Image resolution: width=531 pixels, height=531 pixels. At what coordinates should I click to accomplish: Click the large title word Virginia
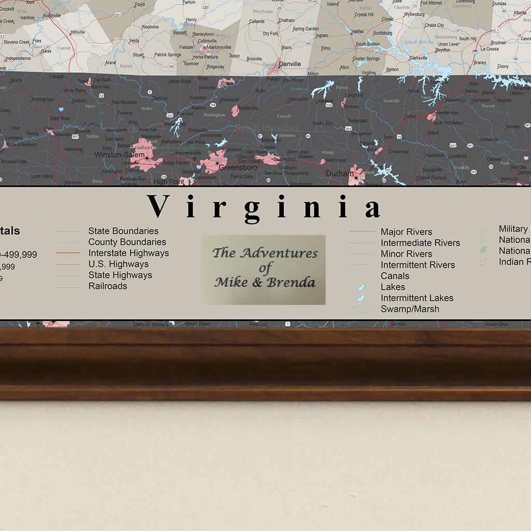(x=264, y=207)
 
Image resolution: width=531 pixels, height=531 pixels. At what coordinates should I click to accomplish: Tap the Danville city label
(x=289, y=64)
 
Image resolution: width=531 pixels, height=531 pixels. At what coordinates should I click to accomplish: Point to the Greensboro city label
(x=237, y=167)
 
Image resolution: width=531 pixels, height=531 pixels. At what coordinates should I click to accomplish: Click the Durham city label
(x=339, y=174)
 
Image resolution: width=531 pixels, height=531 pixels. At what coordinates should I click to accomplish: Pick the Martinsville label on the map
(x=218, y=47)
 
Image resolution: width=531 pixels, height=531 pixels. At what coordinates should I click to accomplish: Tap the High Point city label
(x=168, y=181)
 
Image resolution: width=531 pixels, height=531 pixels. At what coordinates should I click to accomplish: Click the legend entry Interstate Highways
(x=128, y=253)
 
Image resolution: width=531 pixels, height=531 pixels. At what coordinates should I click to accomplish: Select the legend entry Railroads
(x=107, y=286)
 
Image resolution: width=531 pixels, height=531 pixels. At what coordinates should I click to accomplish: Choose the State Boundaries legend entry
(x=123, y=231)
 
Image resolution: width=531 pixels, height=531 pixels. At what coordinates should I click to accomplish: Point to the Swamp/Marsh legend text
(x=410, y=309)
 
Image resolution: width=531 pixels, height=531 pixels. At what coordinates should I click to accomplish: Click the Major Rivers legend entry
(x=406, y=232)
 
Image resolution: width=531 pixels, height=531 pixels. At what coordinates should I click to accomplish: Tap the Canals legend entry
(x=395, y=276)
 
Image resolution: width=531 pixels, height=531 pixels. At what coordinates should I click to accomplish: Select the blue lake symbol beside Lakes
(x=362, y=287)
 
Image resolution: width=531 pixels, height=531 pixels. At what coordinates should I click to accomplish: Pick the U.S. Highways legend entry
(x=118, y=264)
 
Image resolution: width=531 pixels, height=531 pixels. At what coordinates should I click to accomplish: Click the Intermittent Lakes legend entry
(x=417, y=298)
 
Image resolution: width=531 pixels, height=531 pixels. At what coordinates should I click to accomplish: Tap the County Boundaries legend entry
(x=127, y=242)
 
